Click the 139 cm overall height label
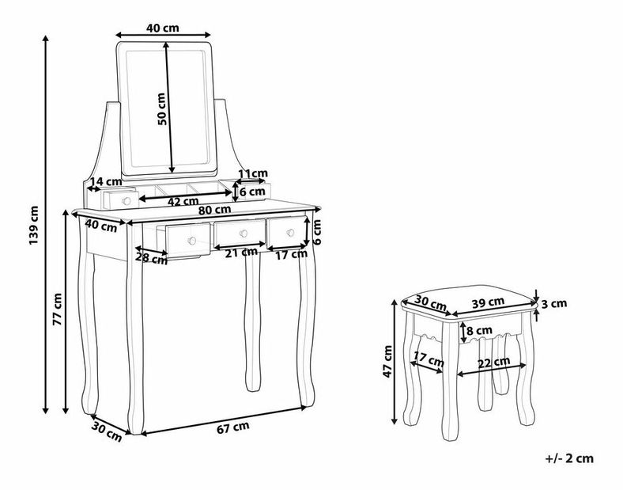coord(35,225)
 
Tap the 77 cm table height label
coord(58,309)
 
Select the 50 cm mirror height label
coord(162,109)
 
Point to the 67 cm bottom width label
coord(233,427)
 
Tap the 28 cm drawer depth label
coord(151,258)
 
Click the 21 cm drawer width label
coord(241,253)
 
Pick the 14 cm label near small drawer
coord(105,181)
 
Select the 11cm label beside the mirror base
coord(253,173)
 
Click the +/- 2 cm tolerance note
coord(569,458)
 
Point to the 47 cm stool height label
coord(387,361)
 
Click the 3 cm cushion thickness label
coord(554,304)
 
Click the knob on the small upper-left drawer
coord(126,201)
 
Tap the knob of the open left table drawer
coord(192,241)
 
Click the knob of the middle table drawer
coord(244,234)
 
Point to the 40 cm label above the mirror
coord(163,28)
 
